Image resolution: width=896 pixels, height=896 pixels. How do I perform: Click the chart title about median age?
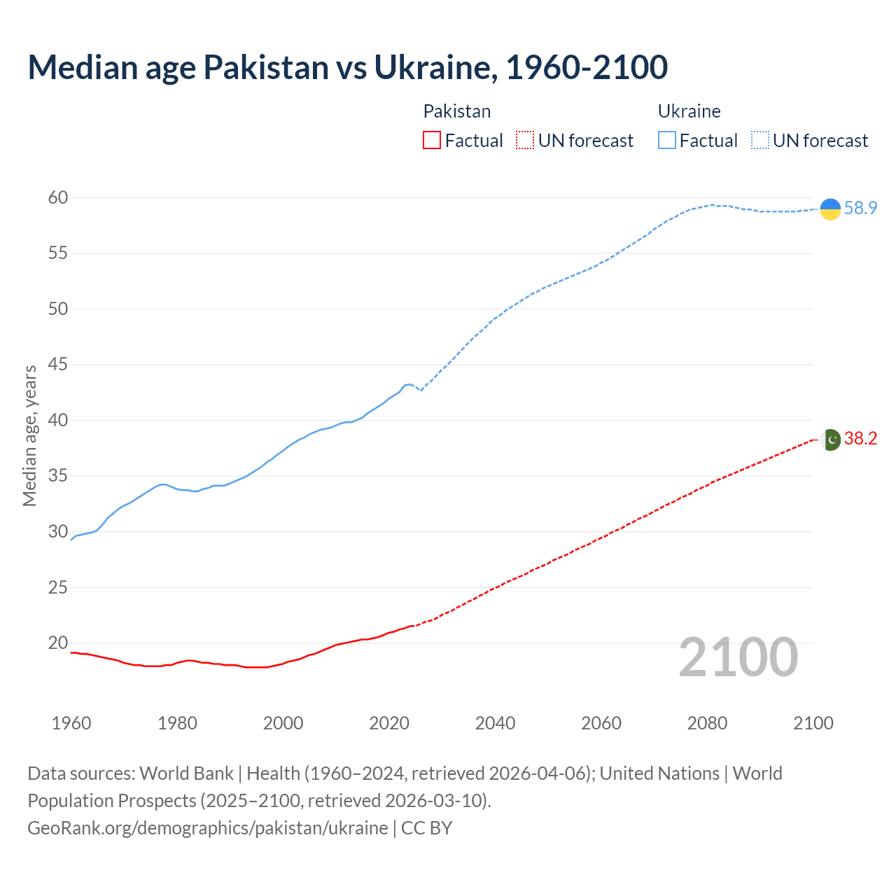tap(348, 67)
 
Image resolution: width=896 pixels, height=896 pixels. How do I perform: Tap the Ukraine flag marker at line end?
tap(830, 209)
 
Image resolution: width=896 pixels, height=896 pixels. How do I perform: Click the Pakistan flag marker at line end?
tap(831, 439)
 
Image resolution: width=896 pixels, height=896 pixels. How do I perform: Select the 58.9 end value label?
tap(860, 209)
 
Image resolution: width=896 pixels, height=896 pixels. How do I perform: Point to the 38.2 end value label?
tap(860, 439)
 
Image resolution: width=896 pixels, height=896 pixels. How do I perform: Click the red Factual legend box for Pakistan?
tap(432, 141)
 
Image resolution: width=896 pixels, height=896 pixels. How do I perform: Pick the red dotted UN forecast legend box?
tap(525, 141)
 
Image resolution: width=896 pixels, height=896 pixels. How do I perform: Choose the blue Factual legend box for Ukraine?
tap(667, 141)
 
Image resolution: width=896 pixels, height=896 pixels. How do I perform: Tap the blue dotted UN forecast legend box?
tap(760, 141)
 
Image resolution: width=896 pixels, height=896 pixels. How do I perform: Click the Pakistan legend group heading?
tap(457, 111)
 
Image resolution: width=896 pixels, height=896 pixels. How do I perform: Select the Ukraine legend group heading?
tap(689, 111)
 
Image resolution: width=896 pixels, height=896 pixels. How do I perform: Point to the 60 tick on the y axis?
tap(58, 198)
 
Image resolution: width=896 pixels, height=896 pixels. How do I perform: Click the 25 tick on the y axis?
tap(58, 587)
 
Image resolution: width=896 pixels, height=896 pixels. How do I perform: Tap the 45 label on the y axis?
tap(58, 365)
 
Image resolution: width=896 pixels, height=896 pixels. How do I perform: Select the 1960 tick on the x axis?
tap(71, 723)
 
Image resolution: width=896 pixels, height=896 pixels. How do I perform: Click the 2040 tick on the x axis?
tap(495, 723)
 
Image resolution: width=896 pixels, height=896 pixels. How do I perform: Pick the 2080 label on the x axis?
tap(707, 723)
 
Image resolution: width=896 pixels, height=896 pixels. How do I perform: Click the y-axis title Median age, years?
tap(29, 435)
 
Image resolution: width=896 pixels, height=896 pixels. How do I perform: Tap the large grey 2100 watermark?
tap(738, 657)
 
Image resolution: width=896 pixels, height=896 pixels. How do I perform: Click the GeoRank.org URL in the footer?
tap(207, 828)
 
